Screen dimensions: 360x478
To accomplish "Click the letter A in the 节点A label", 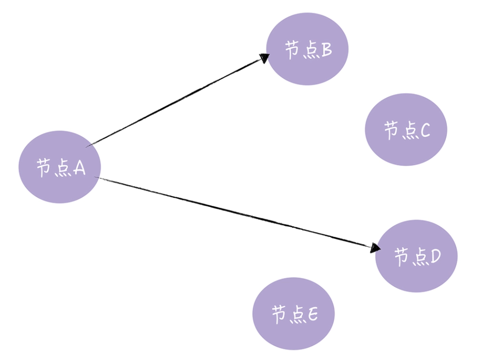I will point(78,167).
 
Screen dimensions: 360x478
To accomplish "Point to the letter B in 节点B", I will point(325,50).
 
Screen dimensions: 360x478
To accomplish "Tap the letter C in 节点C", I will point(425,131).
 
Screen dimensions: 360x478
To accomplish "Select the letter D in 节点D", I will point(435,257).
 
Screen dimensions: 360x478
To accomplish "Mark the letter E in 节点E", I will point(312,315).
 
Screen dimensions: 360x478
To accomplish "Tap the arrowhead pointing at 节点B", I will point(263,57).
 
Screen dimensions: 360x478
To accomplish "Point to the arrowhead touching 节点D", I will point(375,248).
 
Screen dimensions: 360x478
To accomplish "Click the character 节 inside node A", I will point(44,167).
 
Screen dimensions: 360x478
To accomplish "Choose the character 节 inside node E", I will point(279,315).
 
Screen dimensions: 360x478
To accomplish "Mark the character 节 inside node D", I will point(402,257).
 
